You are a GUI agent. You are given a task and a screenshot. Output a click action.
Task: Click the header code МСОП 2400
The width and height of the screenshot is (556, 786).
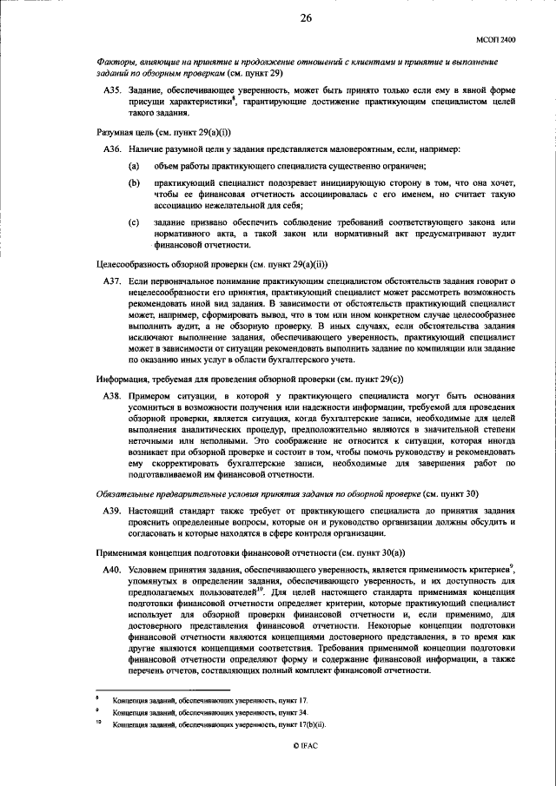click(x=496, y=39)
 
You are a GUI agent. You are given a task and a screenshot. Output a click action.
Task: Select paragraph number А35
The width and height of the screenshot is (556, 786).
click(x=113, y=90)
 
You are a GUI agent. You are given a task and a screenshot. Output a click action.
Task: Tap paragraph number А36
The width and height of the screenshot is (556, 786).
click(x=113, y=149)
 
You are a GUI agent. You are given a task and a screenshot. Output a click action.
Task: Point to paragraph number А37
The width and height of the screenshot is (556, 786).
click(x=113, y=282)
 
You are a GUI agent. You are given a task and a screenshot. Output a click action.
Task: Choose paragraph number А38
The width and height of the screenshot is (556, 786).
click(x=113, y=394)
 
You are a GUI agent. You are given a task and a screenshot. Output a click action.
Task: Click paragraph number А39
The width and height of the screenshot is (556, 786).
click(x=113, y=511)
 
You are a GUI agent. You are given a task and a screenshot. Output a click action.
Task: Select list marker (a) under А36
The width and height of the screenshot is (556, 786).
click(x=134, y=165)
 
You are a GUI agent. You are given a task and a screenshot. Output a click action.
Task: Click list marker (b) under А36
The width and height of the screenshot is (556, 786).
click(x=134, y=184)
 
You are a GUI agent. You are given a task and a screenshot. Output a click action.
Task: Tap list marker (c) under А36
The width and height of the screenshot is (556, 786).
click(x=134, y=224)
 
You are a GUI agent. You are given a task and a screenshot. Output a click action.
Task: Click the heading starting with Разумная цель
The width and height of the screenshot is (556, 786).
click(x=152, y=131)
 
